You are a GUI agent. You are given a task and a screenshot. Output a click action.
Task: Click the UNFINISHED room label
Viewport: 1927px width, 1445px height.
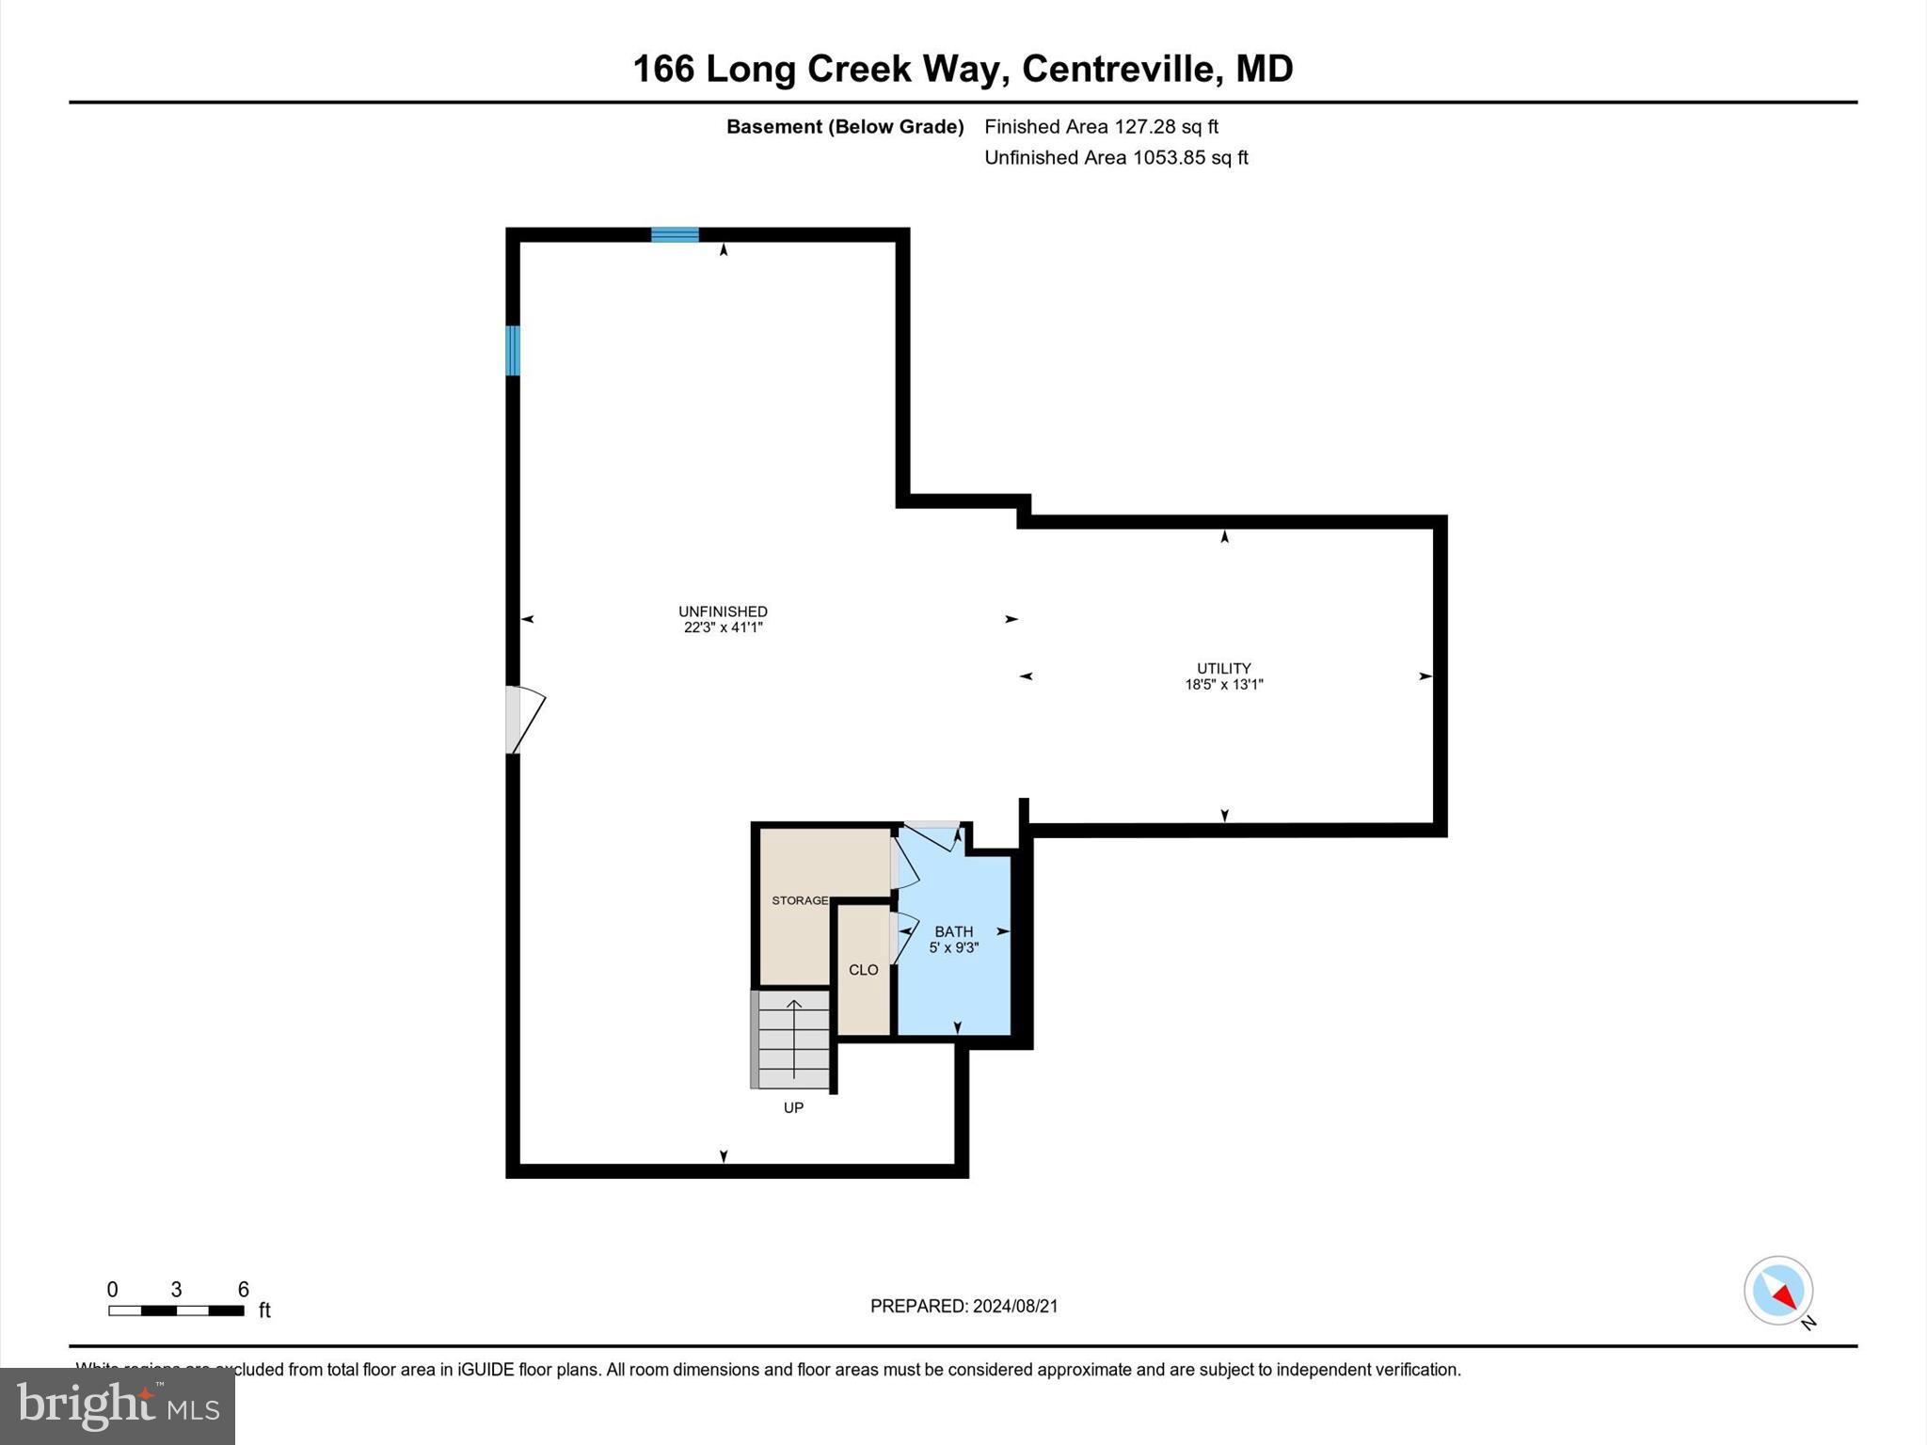pos(723,611)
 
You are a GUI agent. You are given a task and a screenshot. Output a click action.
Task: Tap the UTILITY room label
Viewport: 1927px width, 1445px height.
pos(1223,669)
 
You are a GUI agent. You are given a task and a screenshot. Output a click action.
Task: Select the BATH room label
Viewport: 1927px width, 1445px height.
pos(953,931)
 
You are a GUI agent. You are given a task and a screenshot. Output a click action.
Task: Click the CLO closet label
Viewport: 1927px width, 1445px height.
pos(863,970)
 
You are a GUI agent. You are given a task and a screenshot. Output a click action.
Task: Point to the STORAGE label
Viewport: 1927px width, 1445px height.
pos(799,900)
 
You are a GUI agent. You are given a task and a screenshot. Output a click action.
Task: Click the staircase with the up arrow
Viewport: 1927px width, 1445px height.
pos(793,1040)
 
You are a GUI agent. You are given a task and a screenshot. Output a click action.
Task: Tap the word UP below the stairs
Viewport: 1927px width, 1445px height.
pos(793,1108)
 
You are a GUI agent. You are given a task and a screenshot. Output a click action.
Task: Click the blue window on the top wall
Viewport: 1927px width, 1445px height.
pos(675,234)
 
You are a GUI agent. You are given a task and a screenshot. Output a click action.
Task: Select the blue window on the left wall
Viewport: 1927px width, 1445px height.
pos(513,350)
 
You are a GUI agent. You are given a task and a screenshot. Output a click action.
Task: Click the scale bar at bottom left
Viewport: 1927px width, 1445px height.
pos(176,1310)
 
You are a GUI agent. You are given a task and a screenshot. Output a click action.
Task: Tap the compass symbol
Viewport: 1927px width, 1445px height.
pos(1777,1291)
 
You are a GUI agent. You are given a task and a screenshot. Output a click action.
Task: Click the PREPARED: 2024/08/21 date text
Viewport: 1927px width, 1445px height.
pos(963,1306)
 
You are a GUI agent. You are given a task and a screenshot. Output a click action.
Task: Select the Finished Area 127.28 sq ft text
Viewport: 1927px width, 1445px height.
pos(1101,126)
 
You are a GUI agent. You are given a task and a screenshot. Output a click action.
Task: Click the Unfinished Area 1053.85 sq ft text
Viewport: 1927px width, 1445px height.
pos(1116,157)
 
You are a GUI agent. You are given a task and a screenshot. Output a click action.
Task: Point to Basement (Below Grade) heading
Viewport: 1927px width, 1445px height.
pos(844,126)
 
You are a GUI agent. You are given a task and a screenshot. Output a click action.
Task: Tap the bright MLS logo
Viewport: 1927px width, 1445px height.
pos(118,1405)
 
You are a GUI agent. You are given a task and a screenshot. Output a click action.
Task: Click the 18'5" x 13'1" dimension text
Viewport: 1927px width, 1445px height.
pos(1223,685)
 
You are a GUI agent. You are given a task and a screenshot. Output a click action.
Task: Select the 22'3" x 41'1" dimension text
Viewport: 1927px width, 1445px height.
pos(723,627)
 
